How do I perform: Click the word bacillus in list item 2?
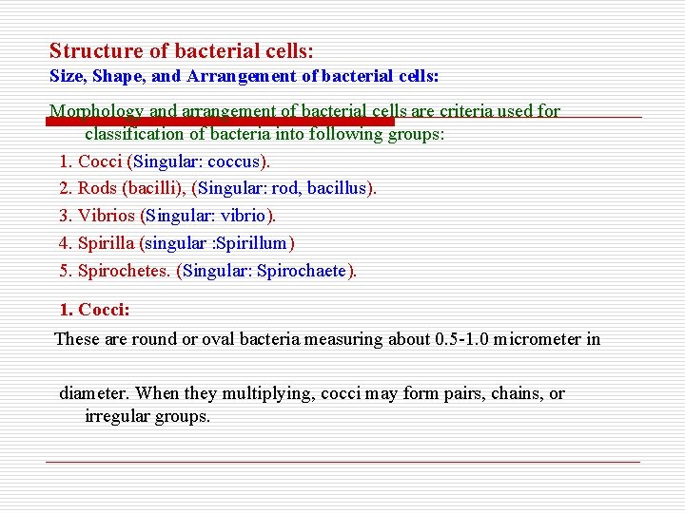(339, 188)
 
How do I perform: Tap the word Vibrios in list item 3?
(107, 216)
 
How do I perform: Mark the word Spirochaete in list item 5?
(303, 271)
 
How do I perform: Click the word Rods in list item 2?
(96, 188)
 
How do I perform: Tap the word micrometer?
(543, 339)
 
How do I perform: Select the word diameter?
(94, 393)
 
